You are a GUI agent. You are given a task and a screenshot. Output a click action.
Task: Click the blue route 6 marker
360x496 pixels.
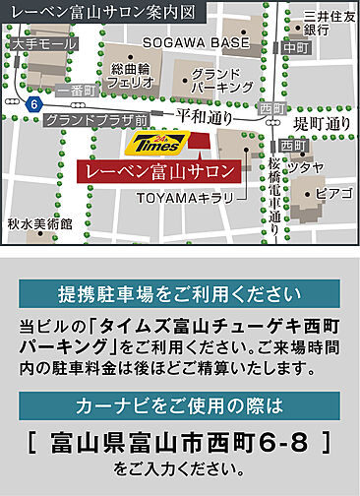click(x=35, y=103)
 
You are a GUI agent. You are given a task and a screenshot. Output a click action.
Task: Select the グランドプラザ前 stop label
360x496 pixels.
click(x=97, y=119)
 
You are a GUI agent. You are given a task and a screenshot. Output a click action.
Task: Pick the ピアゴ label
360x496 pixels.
click(x=332, y=192)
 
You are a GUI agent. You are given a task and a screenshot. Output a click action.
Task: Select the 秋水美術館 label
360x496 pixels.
click(x=39, y=224)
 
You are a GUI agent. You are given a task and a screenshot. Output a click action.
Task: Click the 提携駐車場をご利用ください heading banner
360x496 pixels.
click(x=178, y=294)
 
